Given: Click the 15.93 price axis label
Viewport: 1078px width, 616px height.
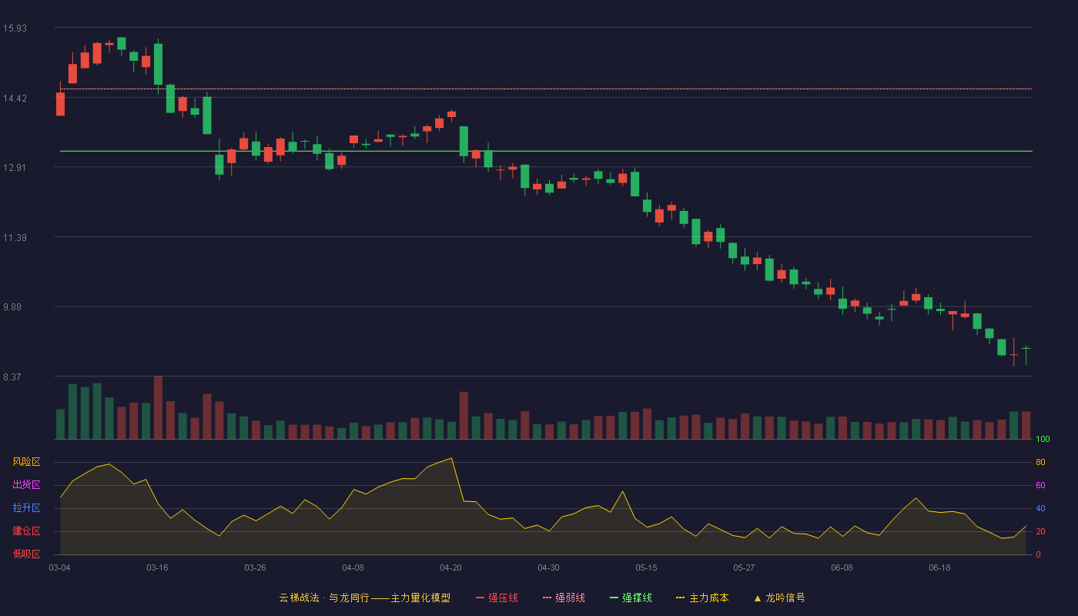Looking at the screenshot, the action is coord(15,28).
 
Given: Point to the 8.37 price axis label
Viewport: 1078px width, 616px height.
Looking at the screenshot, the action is coord(12,377).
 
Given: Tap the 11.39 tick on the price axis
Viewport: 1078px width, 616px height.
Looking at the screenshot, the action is coord(15,238).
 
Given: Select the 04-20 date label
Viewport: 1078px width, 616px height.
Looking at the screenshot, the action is coord(450,568).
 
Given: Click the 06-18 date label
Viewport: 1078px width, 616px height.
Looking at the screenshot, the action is coord(939,568).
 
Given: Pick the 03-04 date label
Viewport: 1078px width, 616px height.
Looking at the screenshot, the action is coord(59,568).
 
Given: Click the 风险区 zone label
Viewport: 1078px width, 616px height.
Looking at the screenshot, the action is coord(26,462).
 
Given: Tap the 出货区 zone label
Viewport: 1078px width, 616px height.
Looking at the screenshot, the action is coord(26,484).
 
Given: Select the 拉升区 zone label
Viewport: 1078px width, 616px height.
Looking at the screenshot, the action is coord(26,507).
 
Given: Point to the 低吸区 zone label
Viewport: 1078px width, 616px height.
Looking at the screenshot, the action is coord(26,554).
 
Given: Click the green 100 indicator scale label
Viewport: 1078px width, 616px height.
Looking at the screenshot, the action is coord(1043,439).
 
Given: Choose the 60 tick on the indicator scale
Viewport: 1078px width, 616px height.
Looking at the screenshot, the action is coord(1040,485).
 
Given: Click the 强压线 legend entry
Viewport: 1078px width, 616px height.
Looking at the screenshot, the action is coord(497,598).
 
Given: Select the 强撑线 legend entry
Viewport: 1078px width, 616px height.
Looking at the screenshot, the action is coord(631,598).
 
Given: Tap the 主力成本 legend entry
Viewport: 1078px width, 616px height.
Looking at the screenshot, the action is coord(702,598).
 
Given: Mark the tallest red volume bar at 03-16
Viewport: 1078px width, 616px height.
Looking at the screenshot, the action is coord(158,407).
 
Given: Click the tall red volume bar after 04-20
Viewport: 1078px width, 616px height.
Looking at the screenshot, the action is coord(464,415).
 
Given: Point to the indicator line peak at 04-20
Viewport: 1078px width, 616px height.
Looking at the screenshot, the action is coord(451,458).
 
